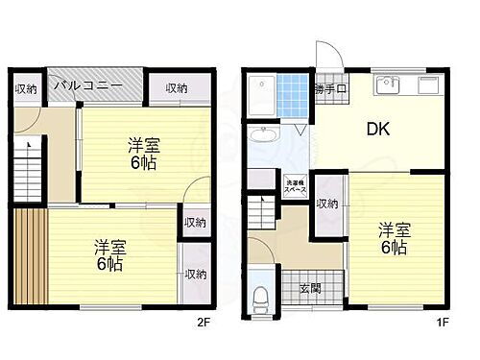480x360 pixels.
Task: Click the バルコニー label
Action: (87, 85)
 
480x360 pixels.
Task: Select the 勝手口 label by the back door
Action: (329, 89)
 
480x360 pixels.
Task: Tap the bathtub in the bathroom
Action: (260, 96)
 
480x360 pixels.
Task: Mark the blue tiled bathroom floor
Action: (294, 96)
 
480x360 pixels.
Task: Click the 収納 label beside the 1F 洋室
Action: (327, 204)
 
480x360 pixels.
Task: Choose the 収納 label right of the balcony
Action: (176, 88)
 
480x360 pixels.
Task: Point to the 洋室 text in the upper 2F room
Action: (144, 145)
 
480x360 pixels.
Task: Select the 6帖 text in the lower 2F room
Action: (108, 262)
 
